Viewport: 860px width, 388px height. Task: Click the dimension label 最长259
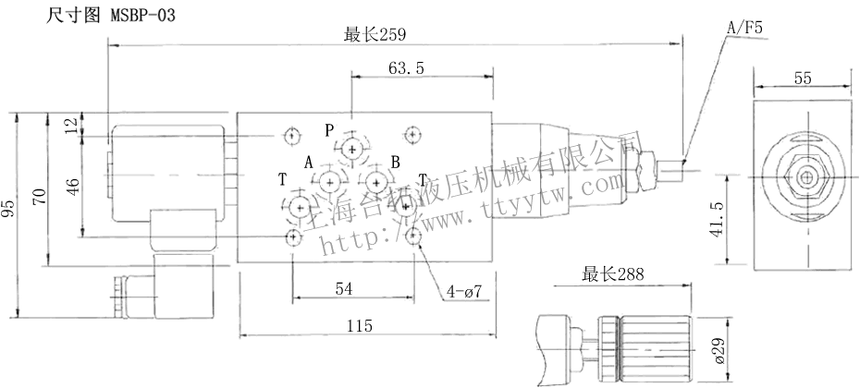click(376, 35)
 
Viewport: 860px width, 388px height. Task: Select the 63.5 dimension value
click(406, 68)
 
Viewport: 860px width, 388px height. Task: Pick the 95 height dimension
click(9, 210)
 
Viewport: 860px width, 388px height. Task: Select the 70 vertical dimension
click(38, 194)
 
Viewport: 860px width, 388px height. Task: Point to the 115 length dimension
click(360, 325)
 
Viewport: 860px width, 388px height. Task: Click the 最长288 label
click(612, 274)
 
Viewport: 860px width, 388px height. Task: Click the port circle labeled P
click(351, 149)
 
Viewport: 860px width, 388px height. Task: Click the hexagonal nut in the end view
click(806, 176)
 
